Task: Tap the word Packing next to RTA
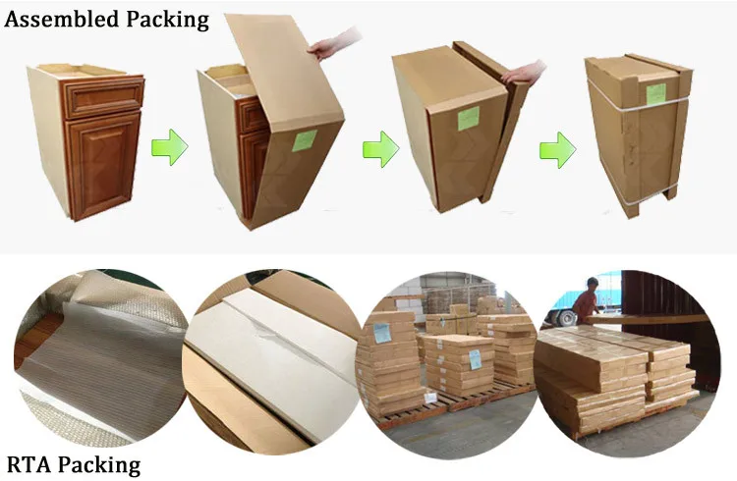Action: tap(104, 464)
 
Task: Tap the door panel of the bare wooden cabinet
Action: tap(102, 163)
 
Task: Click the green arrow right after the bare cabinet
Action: tap(170, 149)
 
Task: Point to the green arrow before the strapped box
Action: tap(557, 150)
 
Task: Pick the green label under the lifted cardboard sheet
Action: tap(304, 139)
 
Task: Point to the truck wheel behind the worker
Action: tap(566, 316)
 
